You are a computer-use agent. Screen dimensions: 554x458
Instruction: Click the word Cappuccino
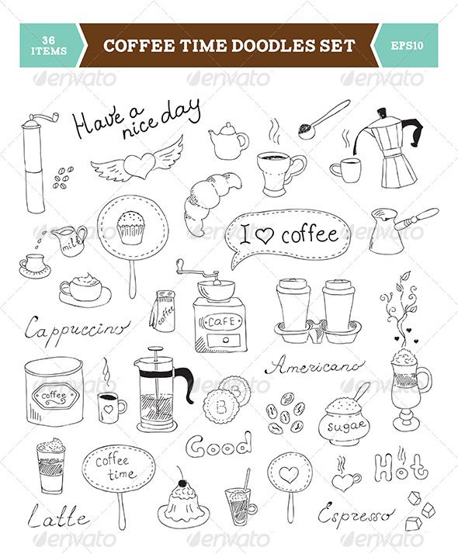coord(76,327)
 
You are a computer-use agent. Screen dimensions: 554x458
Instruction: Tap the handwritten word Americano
coord(314,365)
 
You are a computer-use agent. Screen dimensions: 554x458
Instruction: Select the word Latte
coord(61,516)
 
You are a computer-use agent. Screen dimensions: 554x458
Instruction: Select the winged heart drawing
coord(137,164)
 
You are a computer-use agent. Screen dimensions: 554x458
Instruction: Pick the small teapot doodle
coord(227,141)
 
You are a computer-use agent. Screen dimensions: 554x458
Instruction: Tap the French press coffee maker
coord(158,392)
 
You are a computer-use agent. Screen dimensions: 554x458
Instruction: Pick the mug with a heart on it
coord(111,406)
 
